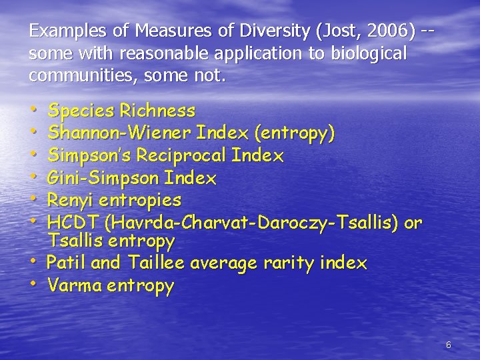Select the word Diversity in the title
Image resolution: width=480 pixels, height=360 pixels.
point(274,31)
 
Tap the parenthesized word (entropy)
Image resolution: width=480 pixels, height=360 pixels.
point(294,133)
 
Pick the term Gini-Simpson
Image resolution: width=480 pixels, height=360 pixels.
point(103,178)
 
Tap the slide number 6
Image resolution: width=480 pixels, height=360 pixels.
point(448,345)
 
